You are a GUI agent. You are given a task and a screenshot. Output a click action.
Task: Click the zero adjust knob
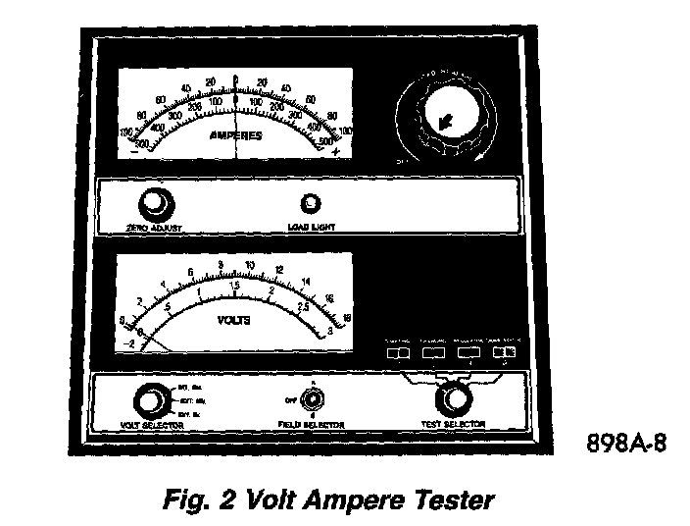(x=153, y=205)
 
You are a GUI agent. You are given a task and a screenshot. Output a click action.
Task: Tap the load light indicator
(x=312, y=204)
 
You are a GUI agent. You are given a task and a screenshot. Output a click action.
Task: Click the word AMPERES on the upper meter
(x=236, y=135)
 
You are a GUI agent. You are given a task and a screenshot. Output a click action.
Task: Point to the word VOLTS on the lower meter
(x=233, y=320)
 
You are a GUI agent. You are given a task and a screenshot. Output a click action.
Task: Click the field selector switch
(x=312, y=399)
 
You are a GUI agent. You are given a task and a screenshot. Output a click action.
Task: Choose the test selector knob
(x=451, y=398)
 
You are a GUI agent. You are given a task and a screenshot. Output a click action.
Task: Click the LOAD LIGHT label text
(x=313, y=227)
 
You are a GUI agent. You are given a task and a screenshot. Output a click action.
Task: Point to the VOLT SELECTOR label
(x=152, y=427)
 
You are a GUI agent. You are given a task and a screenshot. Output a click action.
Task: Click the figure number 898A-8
(x=625, y=443)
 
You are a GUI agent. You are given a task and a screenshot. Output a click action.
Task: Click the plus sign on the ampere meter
(x=335, y=151)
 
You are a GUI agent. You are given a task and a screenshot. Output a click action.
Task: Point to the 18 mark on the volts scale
(x=347, y=316)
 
